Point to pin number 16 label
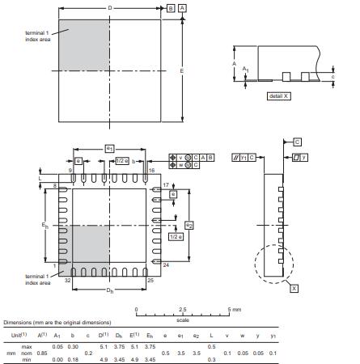(151, 171)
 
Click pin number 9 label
(70, 171)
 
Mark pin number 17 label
(165, 186)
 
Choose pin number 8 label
(56, 186)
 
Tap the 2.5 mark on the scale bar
(183, 310)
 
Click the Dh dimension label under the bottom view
(109, 289)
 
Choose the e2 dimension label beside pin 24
(188, 224)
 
